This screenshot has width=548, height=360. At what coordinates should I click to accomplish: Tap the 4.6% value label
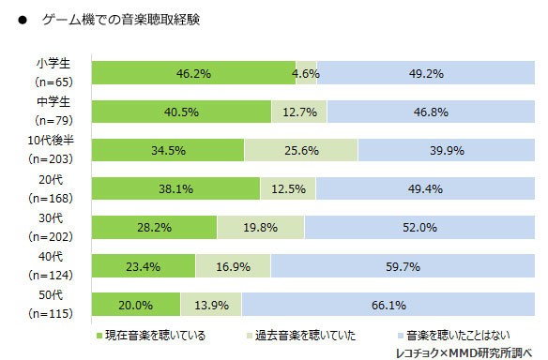pos(306,72)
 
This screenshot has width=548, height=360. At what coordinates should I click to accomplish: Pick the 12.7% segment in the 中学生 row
pos(299,112)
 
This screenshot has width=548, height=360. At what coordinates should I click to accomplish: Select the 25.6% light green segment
pos(300,150)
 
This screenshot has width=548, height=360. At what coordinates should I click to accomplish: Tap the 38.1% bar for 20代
pos(175,188)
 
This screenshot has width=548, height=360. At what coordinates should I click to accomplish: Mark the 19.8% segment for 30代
pos(260,227)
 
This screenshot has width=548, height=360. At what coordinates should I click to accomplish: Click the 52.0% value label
pos(419,227)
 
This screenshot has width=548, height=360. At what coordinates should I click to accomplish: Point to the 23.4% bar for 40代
pos(143,265)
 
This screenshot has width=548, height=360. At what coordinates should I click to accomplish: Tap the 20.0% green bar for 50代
pos(135,304)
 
